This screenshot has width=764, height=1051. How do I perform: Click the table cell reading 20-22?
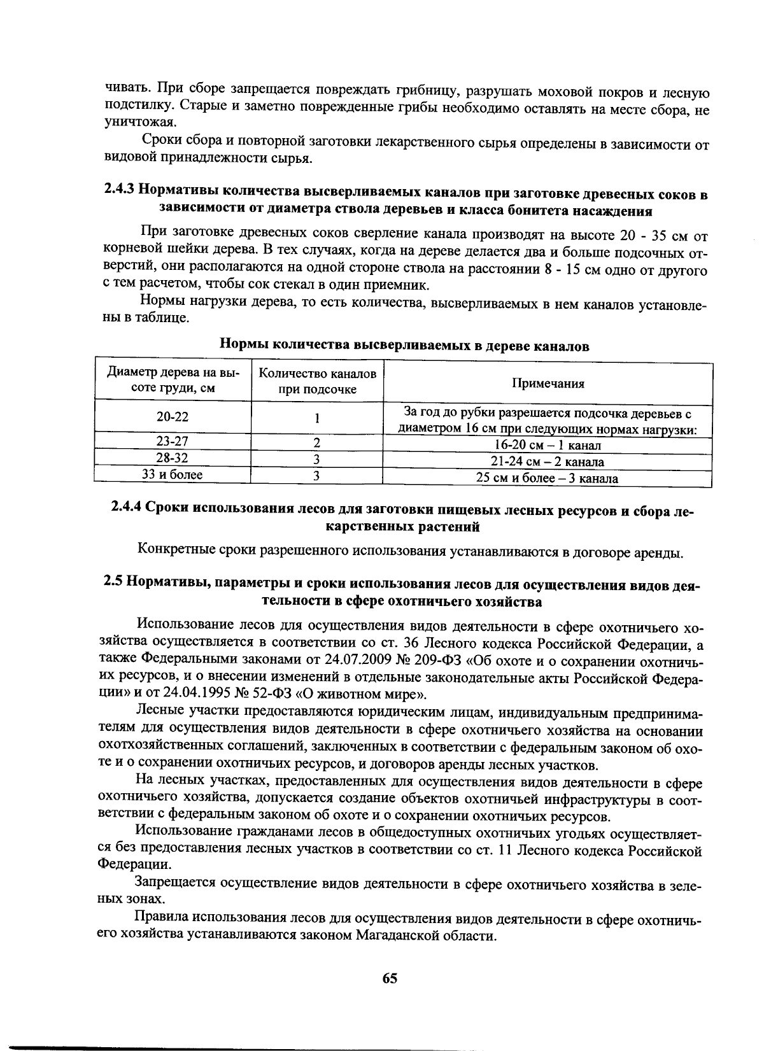coord(173,417)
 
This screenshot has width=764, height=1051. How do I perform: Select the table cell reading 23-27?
coord(173,442)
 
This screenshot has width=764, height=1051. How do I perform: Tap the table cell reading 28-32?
coord(173,458)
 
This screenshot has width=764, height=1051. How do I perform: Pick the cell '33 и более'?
coord(173,475)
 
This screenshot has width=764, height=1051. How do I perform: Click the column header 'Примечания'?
coord(548,383)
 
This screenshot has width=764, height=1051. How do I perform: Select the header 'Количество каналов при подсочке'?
coord(317,381)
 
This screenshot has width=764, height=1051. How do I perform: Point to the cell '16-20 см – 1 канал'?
coord(548,446)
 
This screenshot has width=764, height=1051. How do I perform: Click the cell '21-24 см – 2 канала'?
coord(548,462)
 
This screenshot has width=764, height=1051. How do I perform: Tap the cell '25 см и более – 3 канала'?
coord(548,479)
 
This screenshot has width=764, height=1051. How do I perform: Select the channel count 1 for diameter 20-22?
coord(316,418)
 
